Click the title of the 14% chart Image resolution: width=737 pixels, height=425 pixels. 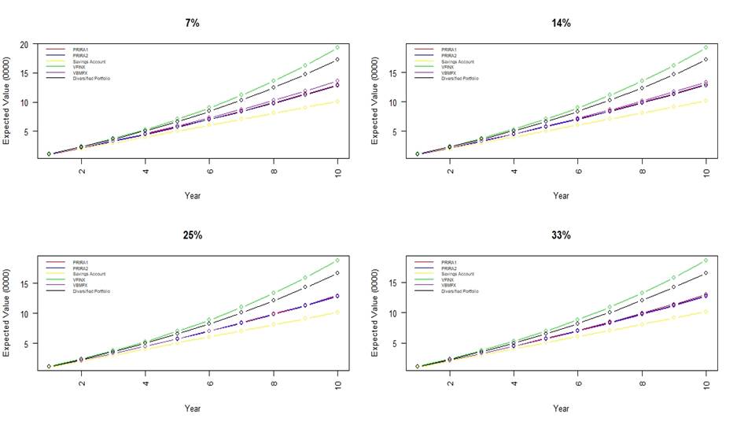click(561, 23)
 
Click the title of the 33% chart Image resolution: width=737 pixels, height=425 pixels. click(561, 235)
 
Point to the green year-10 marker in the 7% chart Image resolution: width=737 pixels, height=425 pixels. click(337, 47)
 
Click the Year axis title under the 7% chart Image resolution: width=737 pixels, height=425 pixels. click(192, 195)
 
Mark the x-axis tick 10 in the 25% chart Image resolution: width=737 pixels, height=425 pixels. click(338, 383)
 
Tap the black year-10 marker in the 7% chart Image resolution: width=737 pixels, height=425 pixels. click(337, 59)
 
